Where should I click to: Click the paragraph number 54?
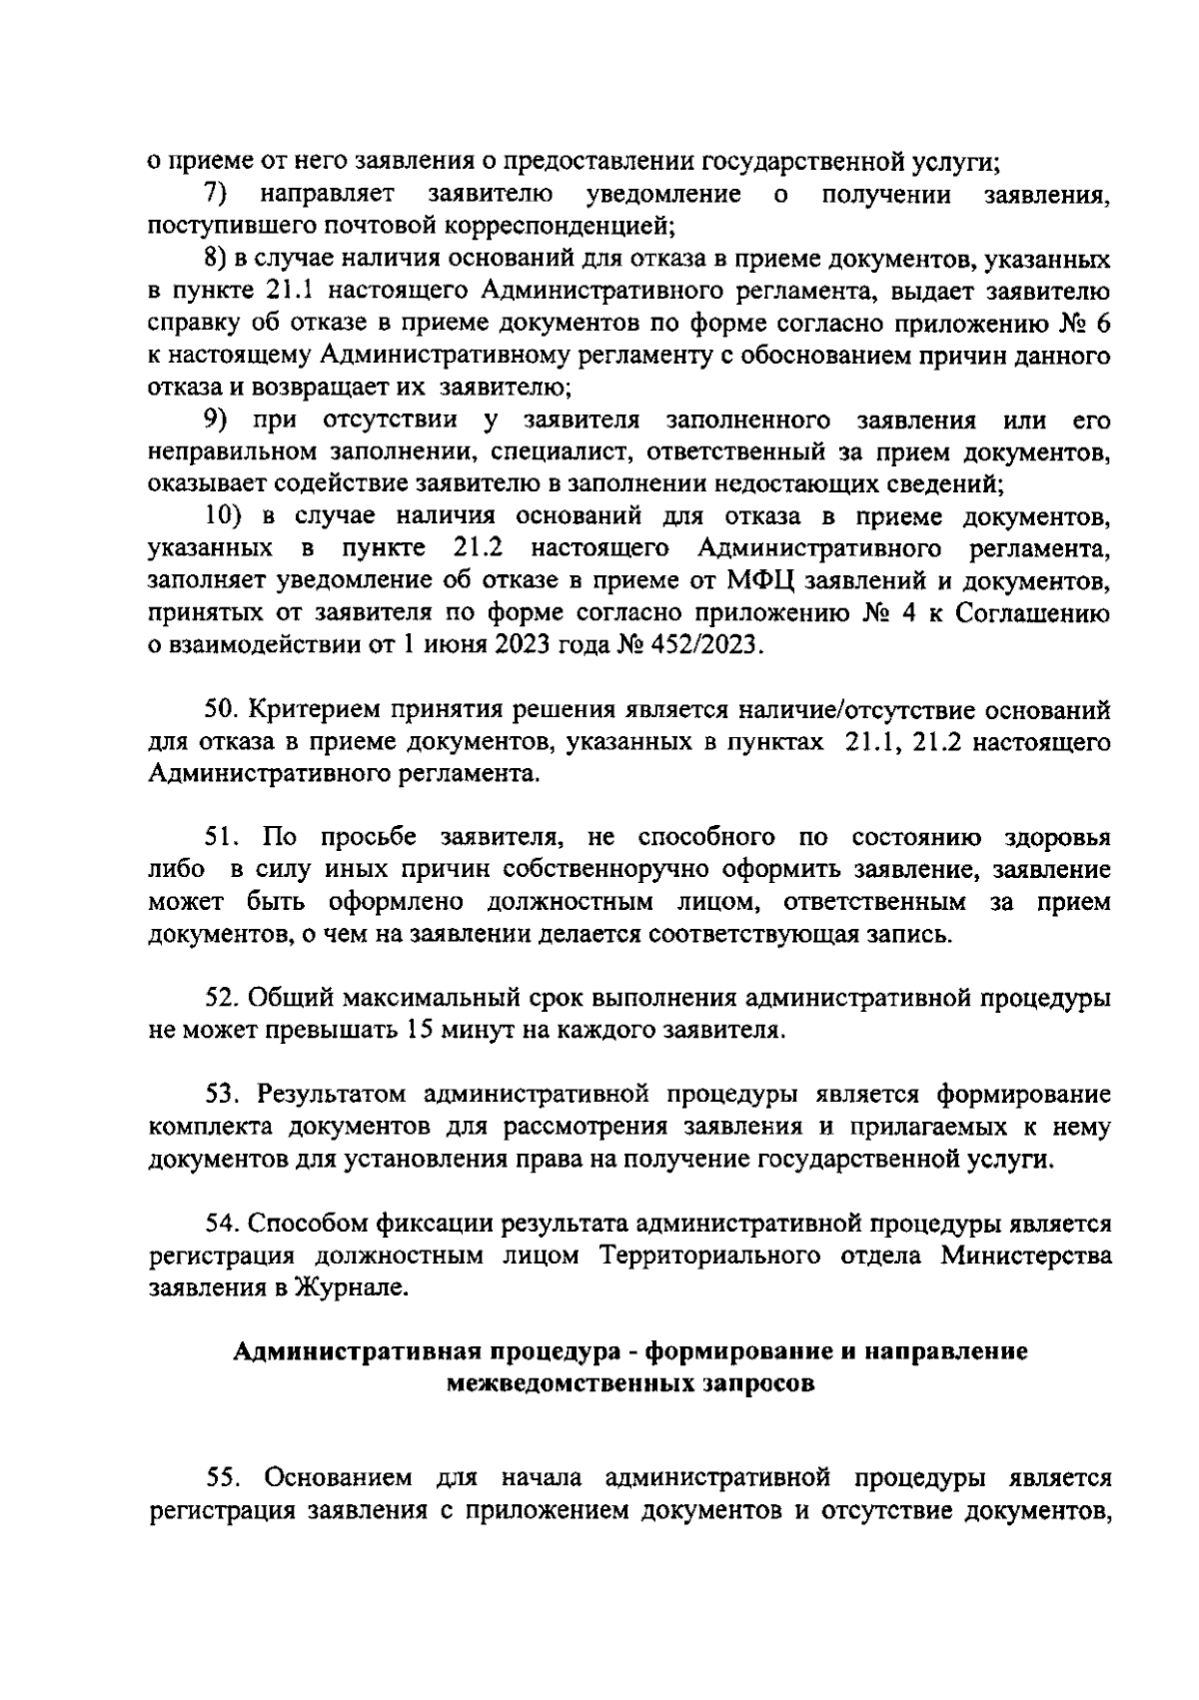click(x=220, y=1223)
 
